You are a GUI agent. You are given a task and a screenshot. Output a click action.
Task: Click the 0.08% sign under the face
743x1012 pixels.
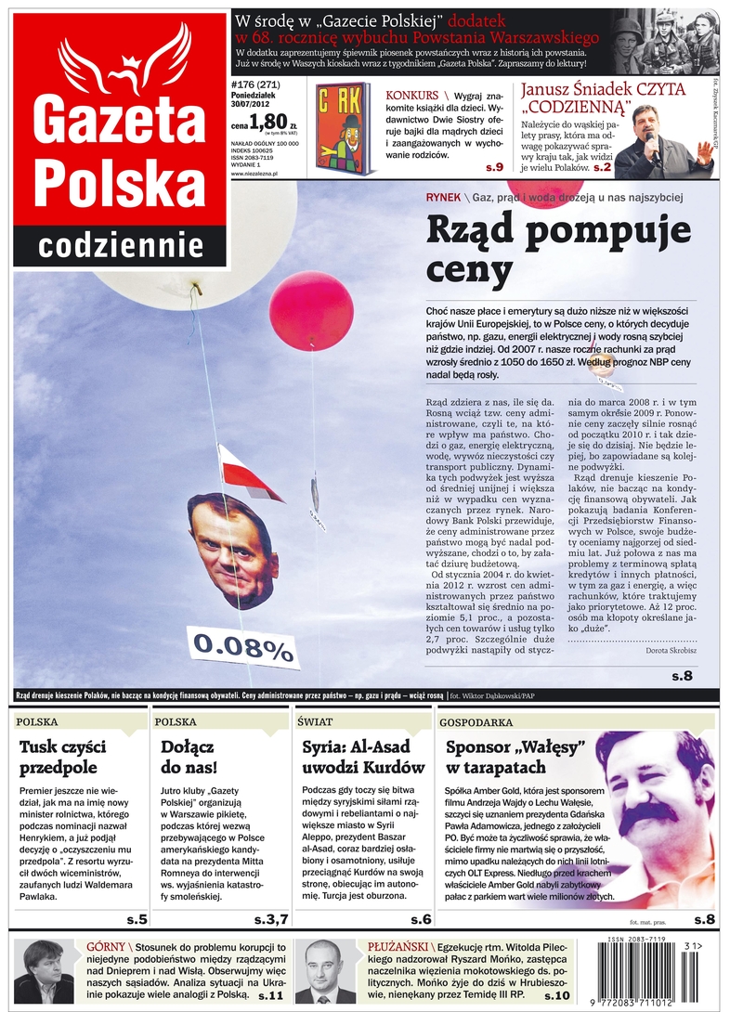[x=243, y=646]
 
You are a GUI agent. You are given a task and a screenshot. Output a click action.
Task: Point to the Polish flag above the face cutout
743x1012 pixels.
[x=249, y=474]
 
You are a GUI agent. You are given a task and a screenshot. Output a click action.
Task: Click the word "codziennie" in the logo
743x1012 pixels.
[x=121, y=245]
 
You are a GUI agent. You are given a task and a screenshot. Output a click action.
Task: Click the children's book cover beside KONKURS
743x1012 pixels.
[x=345, y=128]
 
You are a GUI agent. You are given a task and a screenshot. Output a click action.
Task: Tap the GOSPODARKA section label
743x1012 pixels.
[x=476, y=721]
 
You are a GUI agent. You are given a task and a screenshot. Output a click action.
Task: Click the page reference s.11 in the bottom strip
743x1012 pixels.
[x=270, y=995]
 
